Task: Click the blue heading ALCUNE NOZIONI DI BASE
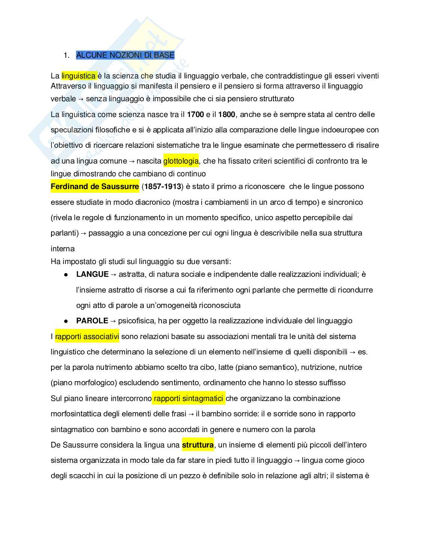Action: pyautogui.click(x=125, y=55)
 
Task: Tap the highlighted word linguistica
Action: pyautogui.click(x=79, y=76)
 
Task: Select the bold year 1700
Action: pyautogui.click(x=195, y=114)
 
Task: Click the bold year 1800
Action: pyautogui.click(x=226, y=114)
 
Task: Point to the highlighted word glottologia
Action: pyautogui.click(x=181, y=161)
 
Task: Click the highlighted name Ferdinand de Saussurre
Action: pyautogui.click(x=95, y=186)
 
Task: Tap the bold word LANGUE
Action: pyautogui.click(x=92, y=274)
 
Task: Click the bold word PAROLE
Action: pyautogui.click(x=92, y=321)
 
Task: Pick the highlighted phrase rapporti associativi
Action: pyautogui.click(x=87, y=336)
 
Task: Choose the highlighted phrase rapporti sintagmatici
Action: pyautogui.click(x=188, y=398)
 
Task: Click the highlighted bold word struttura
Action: pyautogui.click(x=198, y=445)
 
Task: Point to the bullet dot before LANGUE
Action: pyautogui.click(x=66, y=275)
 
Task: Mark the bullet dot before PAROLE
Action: pyautogui.click(x=66, y=321)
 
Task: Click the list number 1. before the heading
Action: pyautogui.click(x=67, y=55)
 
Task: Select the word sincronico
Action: pyautogui.click(x=345, y=202)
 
